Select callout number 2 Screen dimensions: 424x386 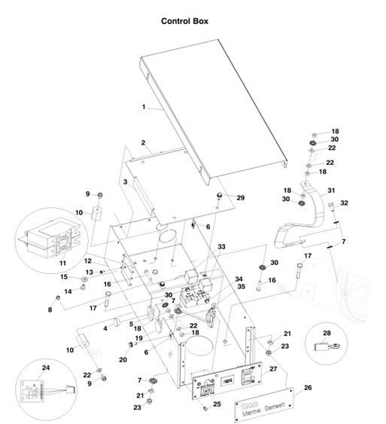coord(142,142)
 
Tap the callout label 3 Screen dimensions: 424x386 coord(126,182)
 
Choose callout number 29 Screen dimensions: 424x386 coord(241,197)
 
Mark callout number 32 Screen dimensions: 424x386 coord(345,203)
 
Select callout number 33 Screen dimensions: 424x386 coord(221,246)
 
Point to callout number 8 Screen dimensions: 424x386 coord(50,309)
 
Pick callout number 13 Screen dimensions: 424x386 coord(88,272)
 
